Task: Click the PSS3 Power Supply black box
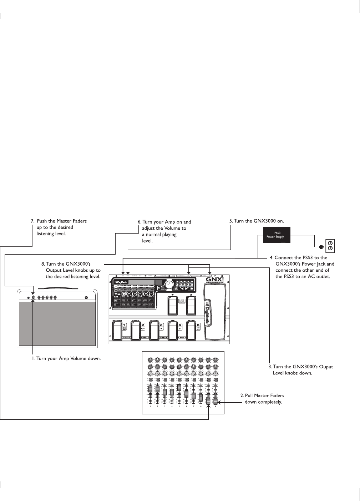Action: (277, 235)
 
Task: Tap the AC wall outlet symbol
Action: (330, 246)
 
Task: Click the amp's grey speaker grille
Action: (57, 323)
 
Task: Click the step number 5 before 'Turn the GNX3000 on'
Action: (231, 221)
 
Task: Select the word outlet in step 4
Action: (323, 276)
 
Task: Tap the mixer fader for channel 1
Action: (150, 389)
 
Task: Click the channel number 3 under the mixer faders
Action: (165, 407)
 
